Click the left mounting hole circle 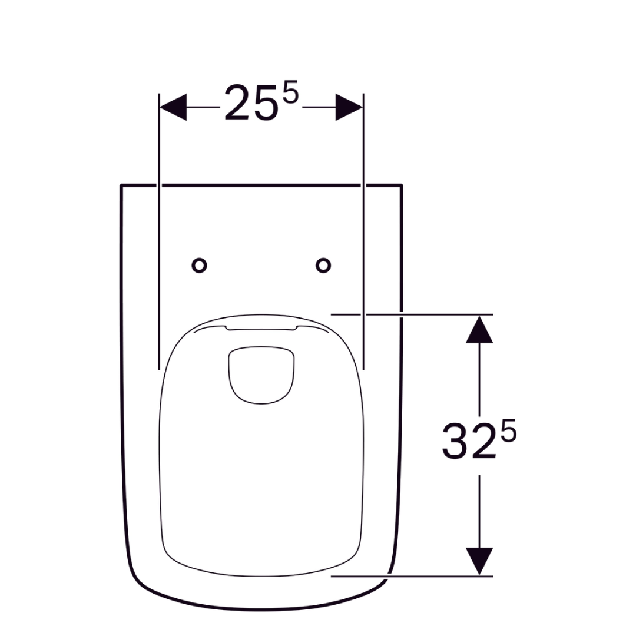tap(200, 266)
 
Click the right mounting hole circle tap(323, 266)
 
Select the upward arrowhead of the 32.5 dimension tap(479, 329)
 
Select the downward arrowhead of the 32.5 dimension tap(479, 561)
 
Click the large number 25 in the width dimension tap(250, 104)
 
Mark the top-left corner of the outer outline tap(121, 186)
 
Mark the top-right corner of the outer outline tap(402, 186)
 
